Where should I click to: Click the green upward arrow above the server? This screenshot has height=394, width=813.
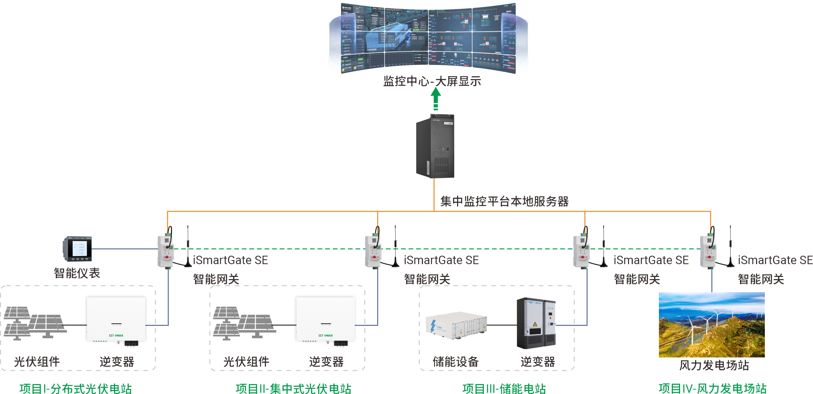click(x=436, y=98)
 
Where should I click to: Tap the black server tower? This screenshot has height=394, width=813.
click(x=435, y=146)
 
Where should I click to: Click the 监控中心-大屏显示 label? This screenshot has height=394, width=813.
click(x=432, y=81)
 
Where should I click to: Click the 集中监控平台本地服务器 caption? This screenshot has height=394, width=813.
click(x=504, y=201)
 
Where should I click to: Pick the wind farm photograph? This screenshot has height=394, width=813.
click(x=711, y=325)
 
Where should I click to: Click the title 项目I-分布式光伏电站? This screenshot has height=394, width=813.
click(x=75, y=388)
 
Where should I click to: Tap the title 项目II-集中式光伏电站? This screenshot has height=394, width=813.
click(x=293, y=388)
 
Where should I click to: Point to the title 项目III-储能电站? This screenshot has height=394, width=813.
click(x=504, y=388)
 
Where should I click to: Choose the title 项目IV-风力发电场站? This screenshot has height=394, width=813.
click(x=712, y=388)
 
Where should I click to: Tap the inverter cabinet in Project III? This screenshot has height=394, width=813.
click(x=536, y=323)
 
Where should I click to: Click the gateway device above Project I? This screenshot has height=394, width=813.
click(x=166, y=251)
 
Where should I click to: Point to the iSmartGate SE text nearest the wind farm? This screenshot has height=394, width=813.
click(x=775, y=260)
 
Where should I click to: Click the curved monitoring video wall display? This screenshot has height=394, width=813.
click(x=428, y=38)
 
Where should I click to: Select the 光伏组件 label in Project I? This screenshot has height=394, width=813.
click(x=37, y=362)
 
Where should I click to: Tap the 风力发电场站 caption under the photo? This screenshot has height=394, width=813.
click(x=714, y=365)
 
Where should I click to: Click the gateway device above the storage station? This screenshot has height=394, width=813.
click(x=581, y=251)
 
